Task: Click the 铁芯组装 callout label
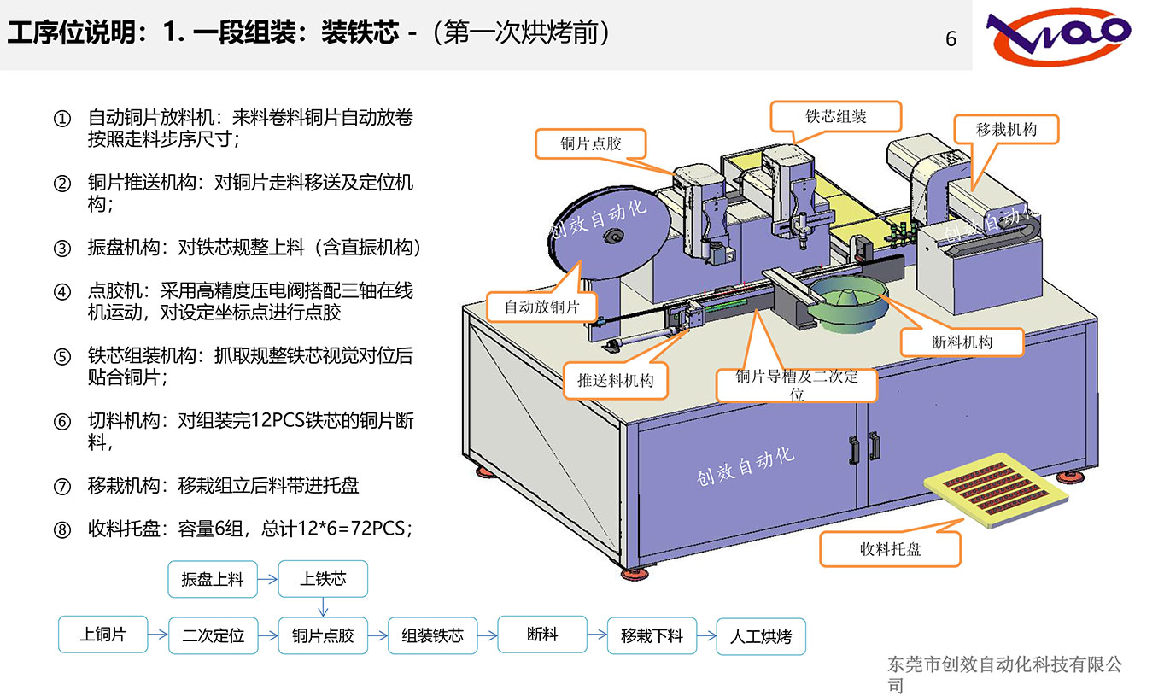[836, 117]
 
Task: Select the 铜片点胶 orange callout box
[590, 143]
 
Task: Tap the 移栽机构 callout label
[1006, 130]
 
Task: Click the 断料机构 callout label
[962, 342]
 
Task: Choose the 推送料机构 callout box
[615, 380]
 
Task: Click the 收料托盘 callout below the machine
[890, 549]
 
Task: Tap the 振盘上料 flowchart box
[213, 579]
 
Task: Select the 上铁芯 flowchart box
[323, 578]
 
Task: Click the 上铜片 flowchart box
[102, 635]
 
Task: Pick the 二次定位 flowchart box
[213, 635]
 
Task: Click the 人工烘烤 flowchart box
[760, 636]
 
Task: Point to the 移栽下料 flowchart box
[652, 635]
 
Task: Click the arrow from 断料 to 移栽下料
[597, 635]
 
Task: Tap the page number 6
[951, 39]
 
